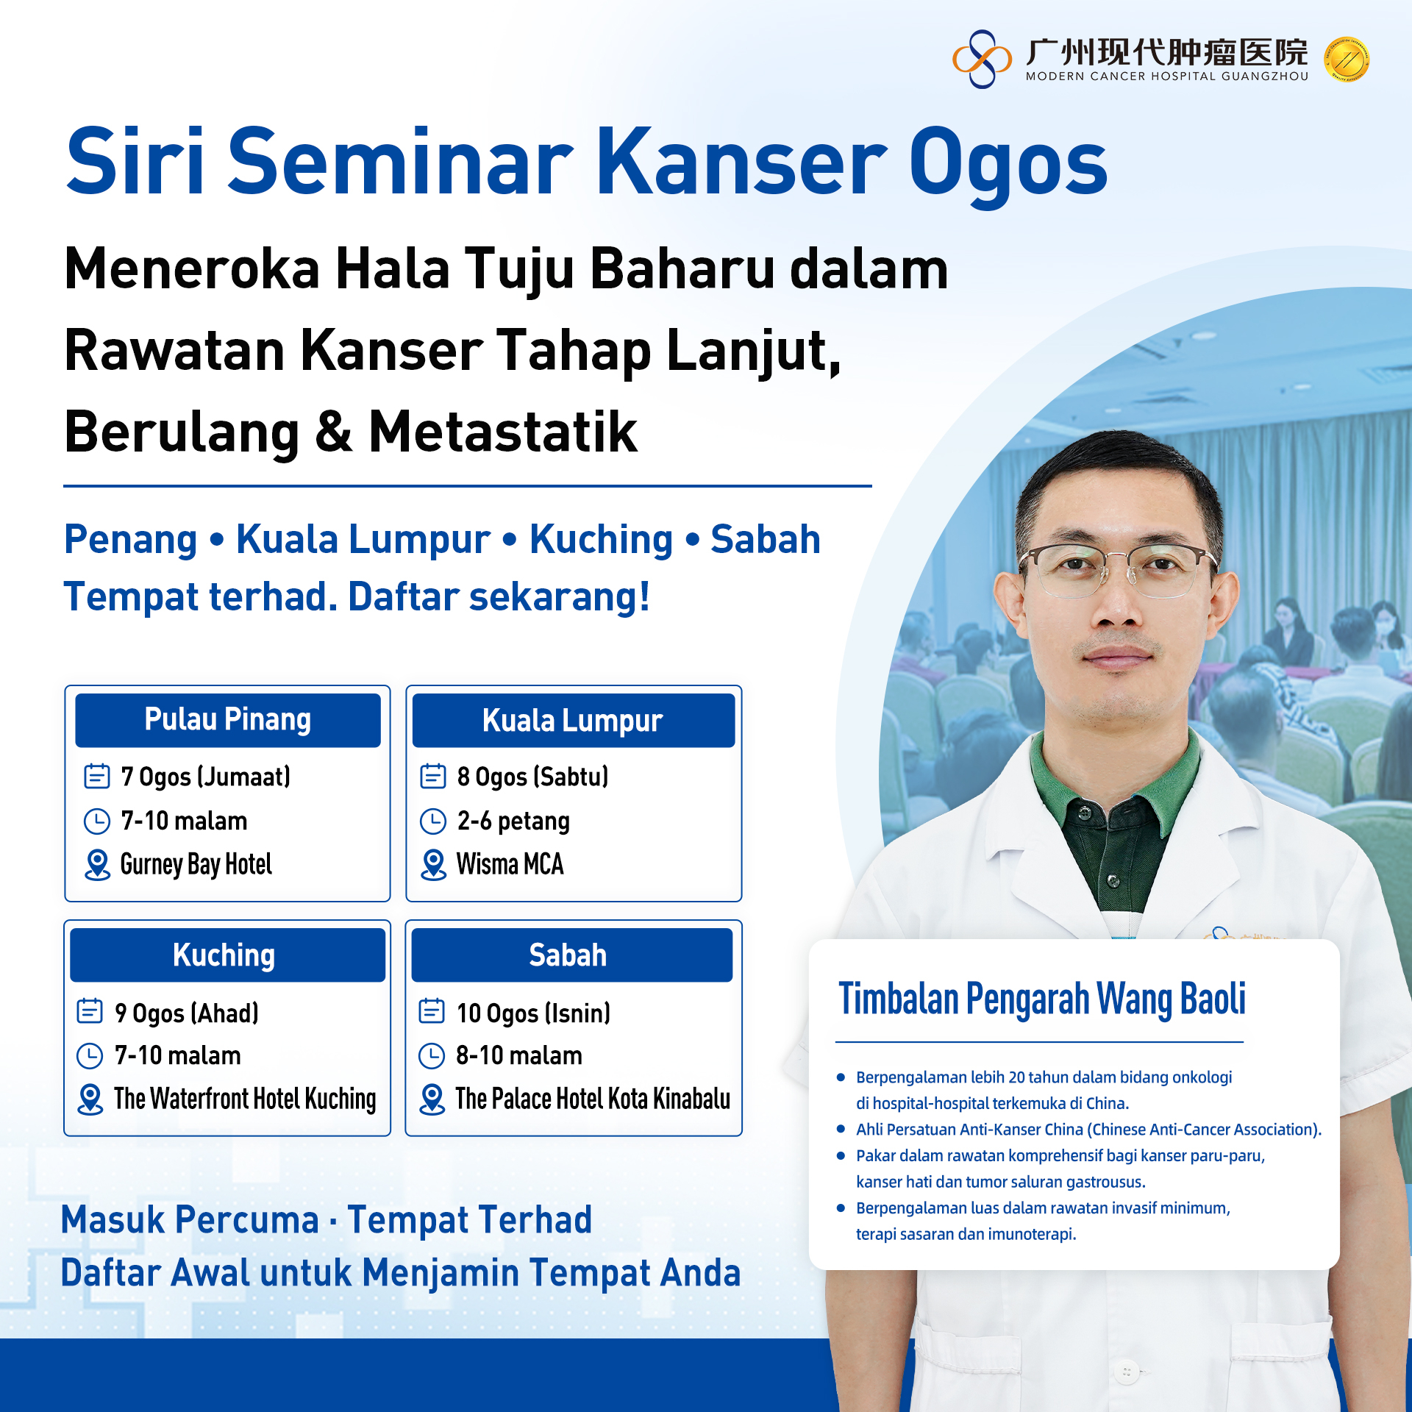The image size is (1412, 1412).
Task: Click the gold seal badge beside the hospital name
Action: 1347,60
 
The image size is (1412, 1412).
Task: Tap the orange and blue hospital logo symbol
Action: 982,59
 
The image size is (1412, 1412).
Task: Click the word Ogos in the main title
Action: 1008,163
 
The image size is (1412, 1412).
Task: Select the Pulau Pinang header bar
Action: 228,720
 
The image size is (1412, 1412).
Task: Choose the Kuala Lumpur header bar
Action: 574,720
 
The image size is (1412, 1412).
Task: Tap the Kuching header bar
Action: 228,955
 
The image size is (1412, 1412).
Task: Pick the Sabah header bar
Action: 572,955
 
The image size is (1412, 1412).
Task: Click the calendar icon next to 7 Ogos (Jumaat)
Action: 97,776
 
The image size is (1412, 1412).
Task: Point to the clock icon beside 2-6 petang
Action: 433,821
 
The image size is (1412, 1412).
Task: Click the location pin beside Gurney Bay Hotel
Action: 97,865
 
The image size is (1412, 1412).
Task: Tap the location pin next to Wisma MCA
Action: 433,865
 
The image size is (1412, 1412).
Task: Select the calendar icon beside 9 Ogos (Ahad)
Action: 90,1010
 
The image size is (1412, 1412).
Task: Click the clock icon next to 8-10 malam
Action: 432,1056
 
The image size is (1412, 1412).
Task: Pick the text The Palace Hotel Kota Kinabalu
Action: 593,1099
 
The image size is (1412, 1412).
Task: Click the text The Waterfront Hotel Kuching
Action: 245,1099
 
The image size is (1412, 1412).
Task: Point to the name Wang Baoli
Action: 1172,999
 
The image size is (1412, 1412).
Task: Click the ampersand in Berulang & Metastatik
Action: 334,432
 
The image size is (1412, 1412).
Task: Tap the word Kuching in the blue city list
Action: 601,541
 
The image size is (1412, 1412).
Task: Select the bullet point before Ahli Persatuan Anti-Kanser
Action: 841,1129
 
